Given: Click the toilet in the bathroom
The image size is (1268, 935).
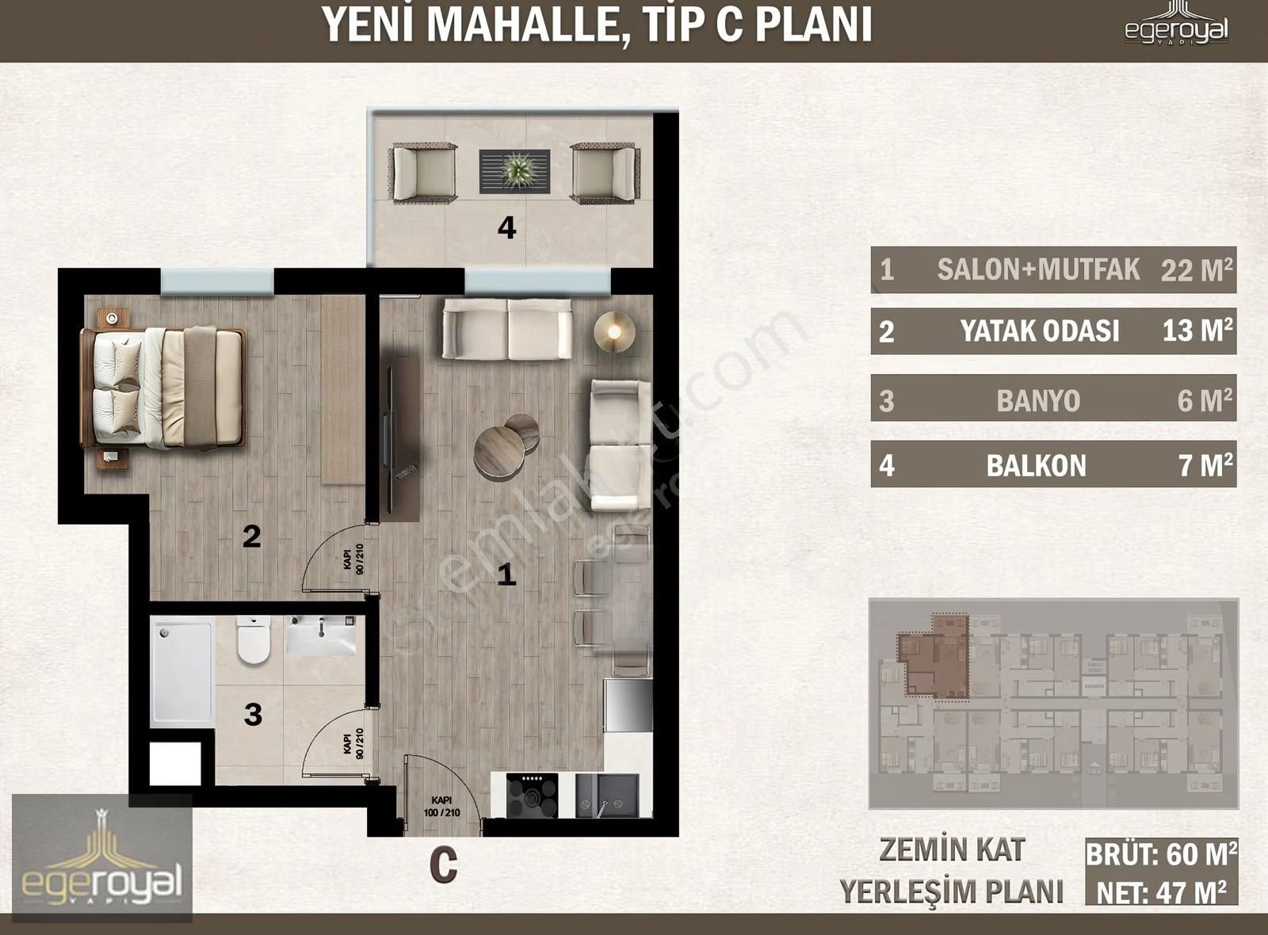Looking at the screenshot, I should (254, 640).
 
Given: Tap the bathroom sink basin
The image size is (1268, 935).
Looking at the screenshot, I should (321, 636).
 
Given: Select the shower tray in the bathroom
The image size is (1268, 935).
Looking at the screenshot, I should (183, 672).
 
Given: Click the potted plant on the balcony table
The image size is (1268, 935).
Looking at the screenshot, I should (516, 170).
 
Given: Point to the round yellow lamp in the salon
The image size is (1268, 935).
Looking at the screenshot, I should (614, 331).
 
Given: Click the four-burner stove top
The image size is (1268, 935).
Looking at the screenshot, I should (532, 795).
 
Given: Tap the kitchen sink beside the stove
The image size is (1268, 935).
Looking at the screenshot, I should (606, 796).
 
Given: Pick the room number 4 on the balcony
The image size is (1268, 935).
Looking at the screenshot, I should (506, 228).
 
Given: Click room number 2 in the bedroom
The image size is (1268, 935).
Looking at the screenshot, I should (251, 536).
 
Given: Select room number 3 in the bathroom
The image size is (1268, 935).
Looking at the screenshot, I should (253, 714).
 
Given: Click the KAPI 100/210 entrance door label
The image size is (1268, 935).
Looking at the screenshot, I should (442, 807).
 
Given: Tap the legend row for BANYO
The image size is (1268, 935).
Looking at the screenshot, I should (1052, 399).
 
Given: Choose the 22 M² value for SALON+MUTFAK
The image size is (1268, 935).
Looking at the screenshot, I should (1197, 270).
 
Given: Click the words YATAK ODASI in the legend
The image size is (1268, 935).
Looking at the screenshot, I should (1039, 330).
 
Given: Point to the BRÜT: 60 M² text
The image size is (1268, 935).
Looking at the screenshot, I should (1161, 855).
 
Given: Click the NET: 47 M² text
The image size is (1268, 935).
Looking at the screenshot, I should (1161, 892).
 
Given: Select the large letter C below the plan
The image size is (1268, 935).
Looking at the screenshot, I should (444, 865).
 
